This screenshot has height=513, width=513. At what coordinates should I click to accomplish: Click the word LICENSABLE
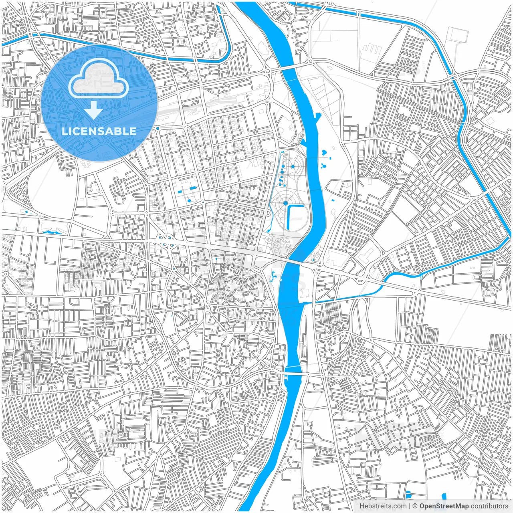click(x=99, y=131)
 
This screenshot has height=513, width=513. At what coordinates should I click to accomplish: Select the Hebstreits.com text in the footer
click(x=383, y=506)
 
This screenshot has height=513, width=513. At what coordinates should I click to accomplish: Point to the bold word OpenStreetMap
click(x=444, y=506)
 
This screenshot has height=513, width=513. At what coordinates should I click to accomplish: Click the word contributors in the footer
click(x=489, y=506)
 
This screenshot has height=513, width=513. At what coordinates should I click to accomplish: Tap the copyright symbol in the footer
click(x=415, y=506)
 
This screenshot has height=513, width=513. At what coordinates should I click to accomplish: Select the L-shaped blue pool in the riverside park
click(x=296, y=217)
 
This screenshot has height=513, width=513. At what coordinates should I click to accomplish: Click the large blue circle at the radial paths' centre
click(x=285, y=203)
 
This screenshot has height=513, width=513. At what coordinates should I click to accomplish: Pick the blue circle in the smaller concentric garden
click(x=293, y=166)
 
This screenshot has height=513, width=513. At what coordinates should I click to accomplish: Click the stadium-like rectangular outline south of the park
click(x=281, y=245)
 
